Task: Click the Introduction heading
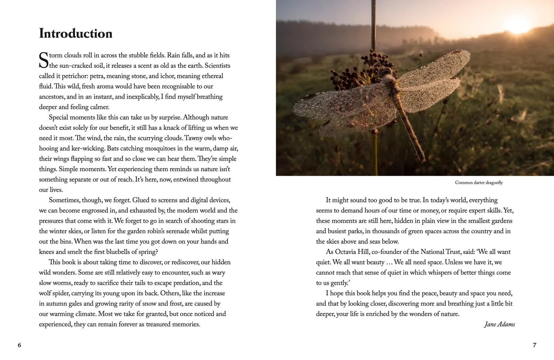point(76,34)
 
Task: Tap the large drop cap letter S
point(44,60)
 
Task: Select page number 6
point(20,345)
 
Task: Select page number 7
point(534,345)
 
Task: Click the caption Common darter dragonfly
point(479,183)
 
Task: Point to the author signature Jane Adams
point(499,325)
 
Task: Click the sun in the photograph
point(517,25)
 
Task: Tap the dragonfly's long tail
point(412,129)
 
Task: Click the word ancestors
point(52,97)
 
